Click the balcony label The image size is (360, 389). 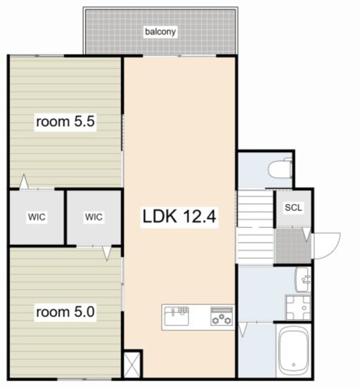pos(160,32)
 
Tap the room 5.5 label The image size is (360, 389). pos(65,121)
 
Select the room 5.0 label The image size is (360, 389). pos(65,312)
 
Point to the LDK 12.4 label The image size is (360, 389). pos(179,216)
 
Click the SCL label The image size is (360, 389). pos(293,207)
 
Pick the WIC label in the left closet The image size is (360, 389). pos(37,217)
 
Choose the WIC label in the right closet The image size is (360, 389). pos(94,217)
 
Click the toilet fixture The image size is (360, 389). pos(280,168)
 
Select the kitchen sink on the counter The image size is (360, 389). pos(176,316)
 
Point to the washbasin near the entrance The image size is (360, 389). pos(303,280)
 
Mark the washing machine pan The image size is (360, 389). pos(298,307)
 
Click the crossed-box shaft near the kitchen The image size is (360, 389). pos(132,365)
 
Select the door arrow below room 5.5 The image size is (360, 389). pos(24,182)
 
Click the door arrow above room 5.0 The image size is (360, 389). pos(107,253)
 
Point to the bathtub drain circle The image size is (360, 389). pos(293,365)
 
